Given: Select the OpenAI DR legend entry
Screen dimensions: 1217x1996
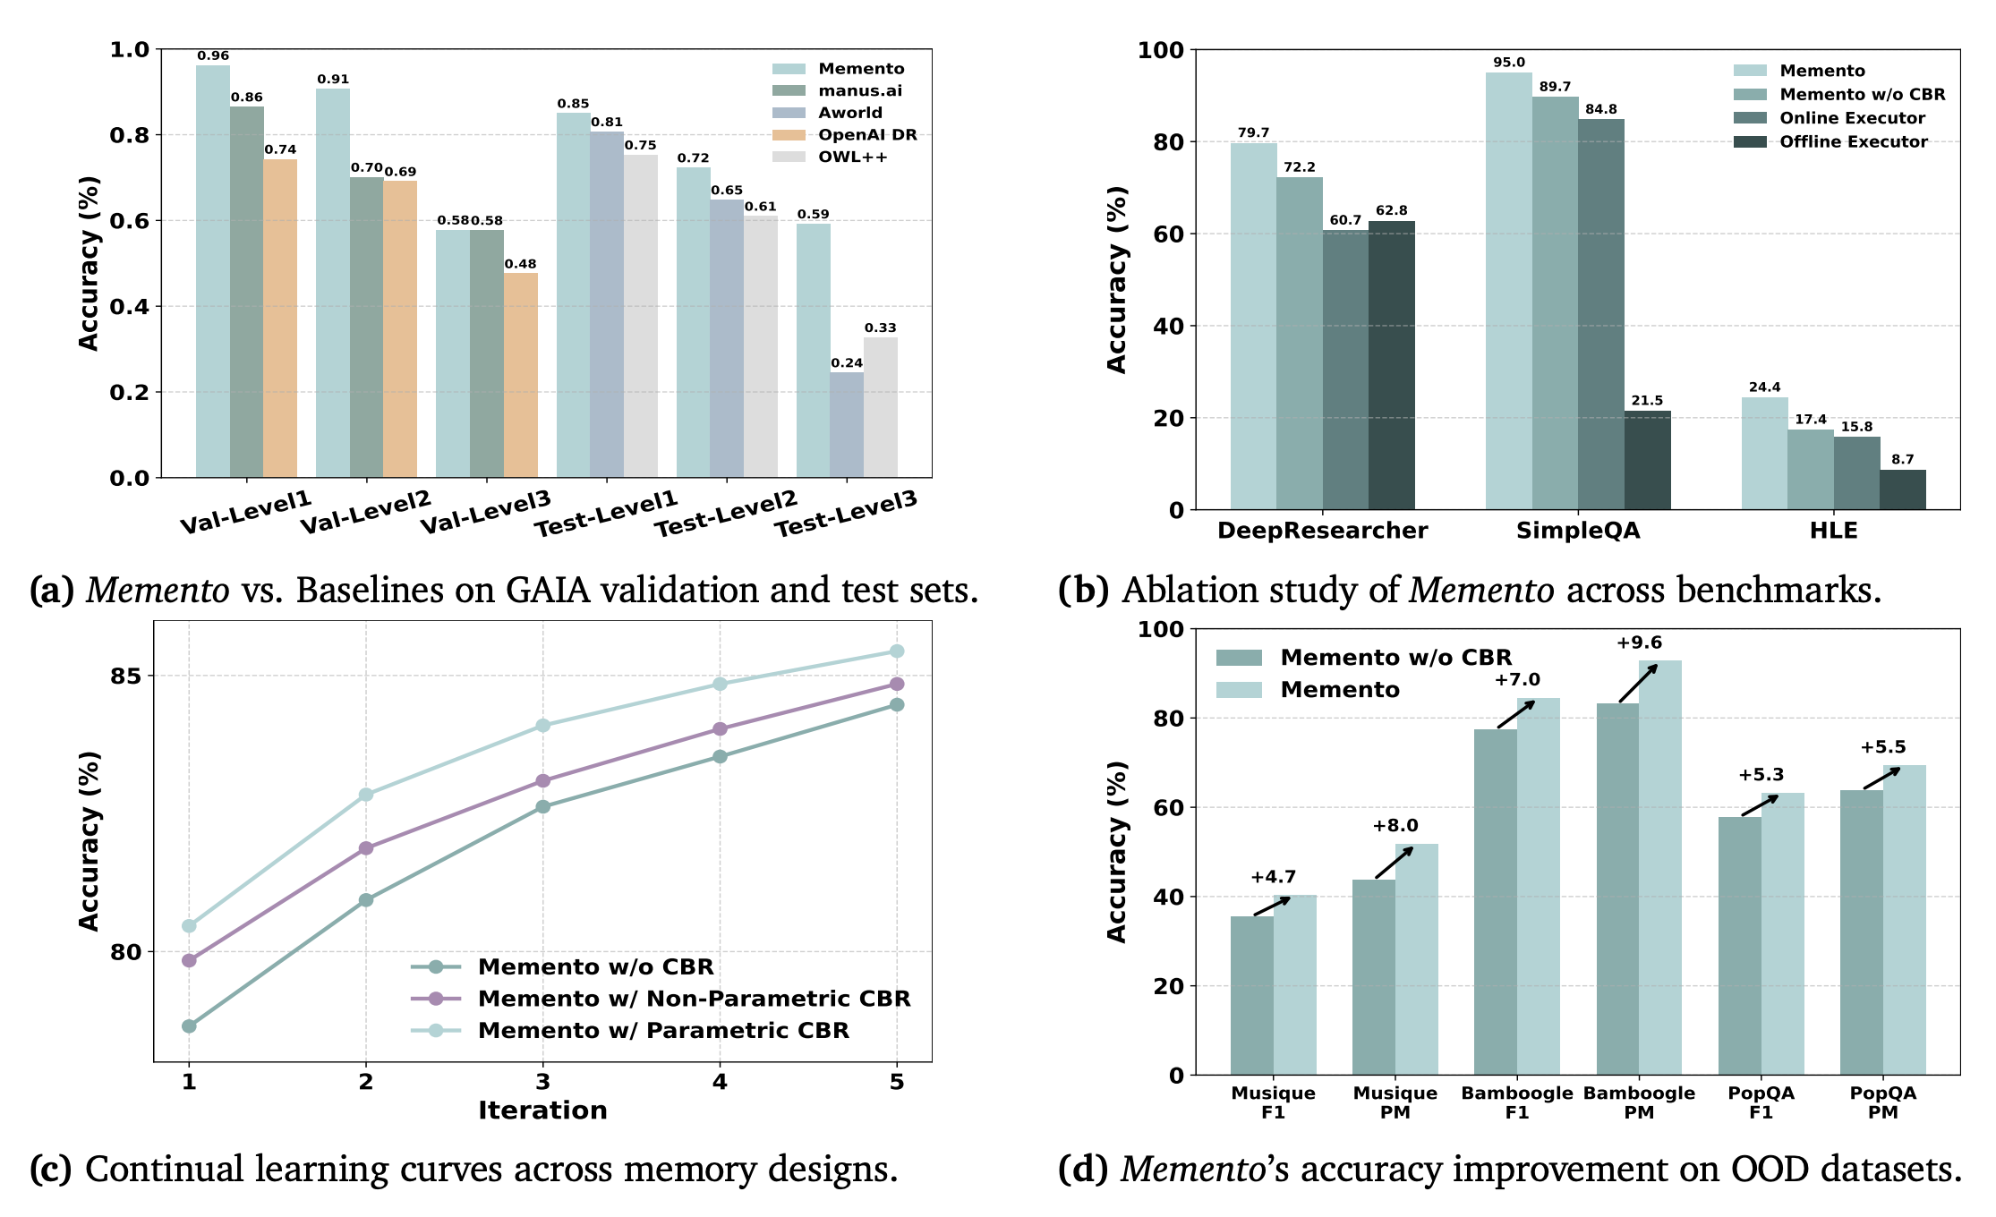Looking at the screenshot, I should tap(866, 135).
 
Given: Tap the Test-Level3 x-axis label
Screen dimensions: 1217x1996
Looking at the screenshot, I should tap(846, 514).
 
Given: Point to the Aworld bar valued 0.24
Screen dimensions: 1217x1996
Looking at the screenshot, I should tap(847, 425).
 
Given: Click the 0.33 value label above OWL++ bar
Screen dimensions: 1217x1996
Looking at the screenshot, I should tap(880, 328).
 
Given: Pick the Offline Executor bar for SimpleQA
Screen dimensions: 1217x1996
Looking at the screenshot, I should tap(1647, 460).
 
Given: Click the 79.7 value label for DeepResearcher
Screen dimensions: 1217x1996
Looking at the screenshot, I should tap(1253, 133).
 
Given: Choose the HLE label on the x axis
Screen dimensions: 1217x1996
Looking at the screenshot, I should tap(1833, 531).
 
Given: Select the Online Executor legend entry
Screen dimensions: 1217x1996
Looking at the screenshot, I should tap(1851, 118).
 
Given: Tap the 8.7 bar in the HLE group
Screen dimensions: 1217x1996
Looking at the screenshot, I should tap(1902, 489).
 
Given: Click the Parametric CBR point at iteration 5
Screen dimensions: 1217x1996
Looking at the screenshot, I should tap(897, 651).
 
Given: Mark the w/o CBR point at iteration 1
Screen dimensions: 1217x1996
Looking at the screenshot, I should tap(189, 1026).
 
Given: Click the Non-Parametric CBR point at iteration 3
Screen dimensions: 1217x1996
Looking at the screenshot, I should tap(542, 781).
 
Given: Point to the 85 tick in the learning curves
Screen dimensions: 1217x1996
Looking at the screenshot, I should tap(125, 676).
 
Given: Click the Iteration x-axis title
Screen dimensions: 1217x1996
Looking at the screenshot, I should tap(542, 1111).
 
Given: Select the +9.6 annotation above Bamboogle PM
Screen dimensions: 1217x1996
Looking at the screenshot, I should tap(1639, 643).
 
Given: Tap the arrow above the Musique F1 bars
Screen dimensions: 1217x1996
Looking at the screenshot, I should tap(1272, 906).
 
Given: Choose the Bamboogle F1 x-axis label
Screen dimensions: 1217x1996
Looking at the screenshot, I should tap(1516, 1102).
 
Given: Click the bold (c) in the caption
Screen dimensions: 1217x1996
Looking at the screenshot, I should tap(51, 1170).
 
